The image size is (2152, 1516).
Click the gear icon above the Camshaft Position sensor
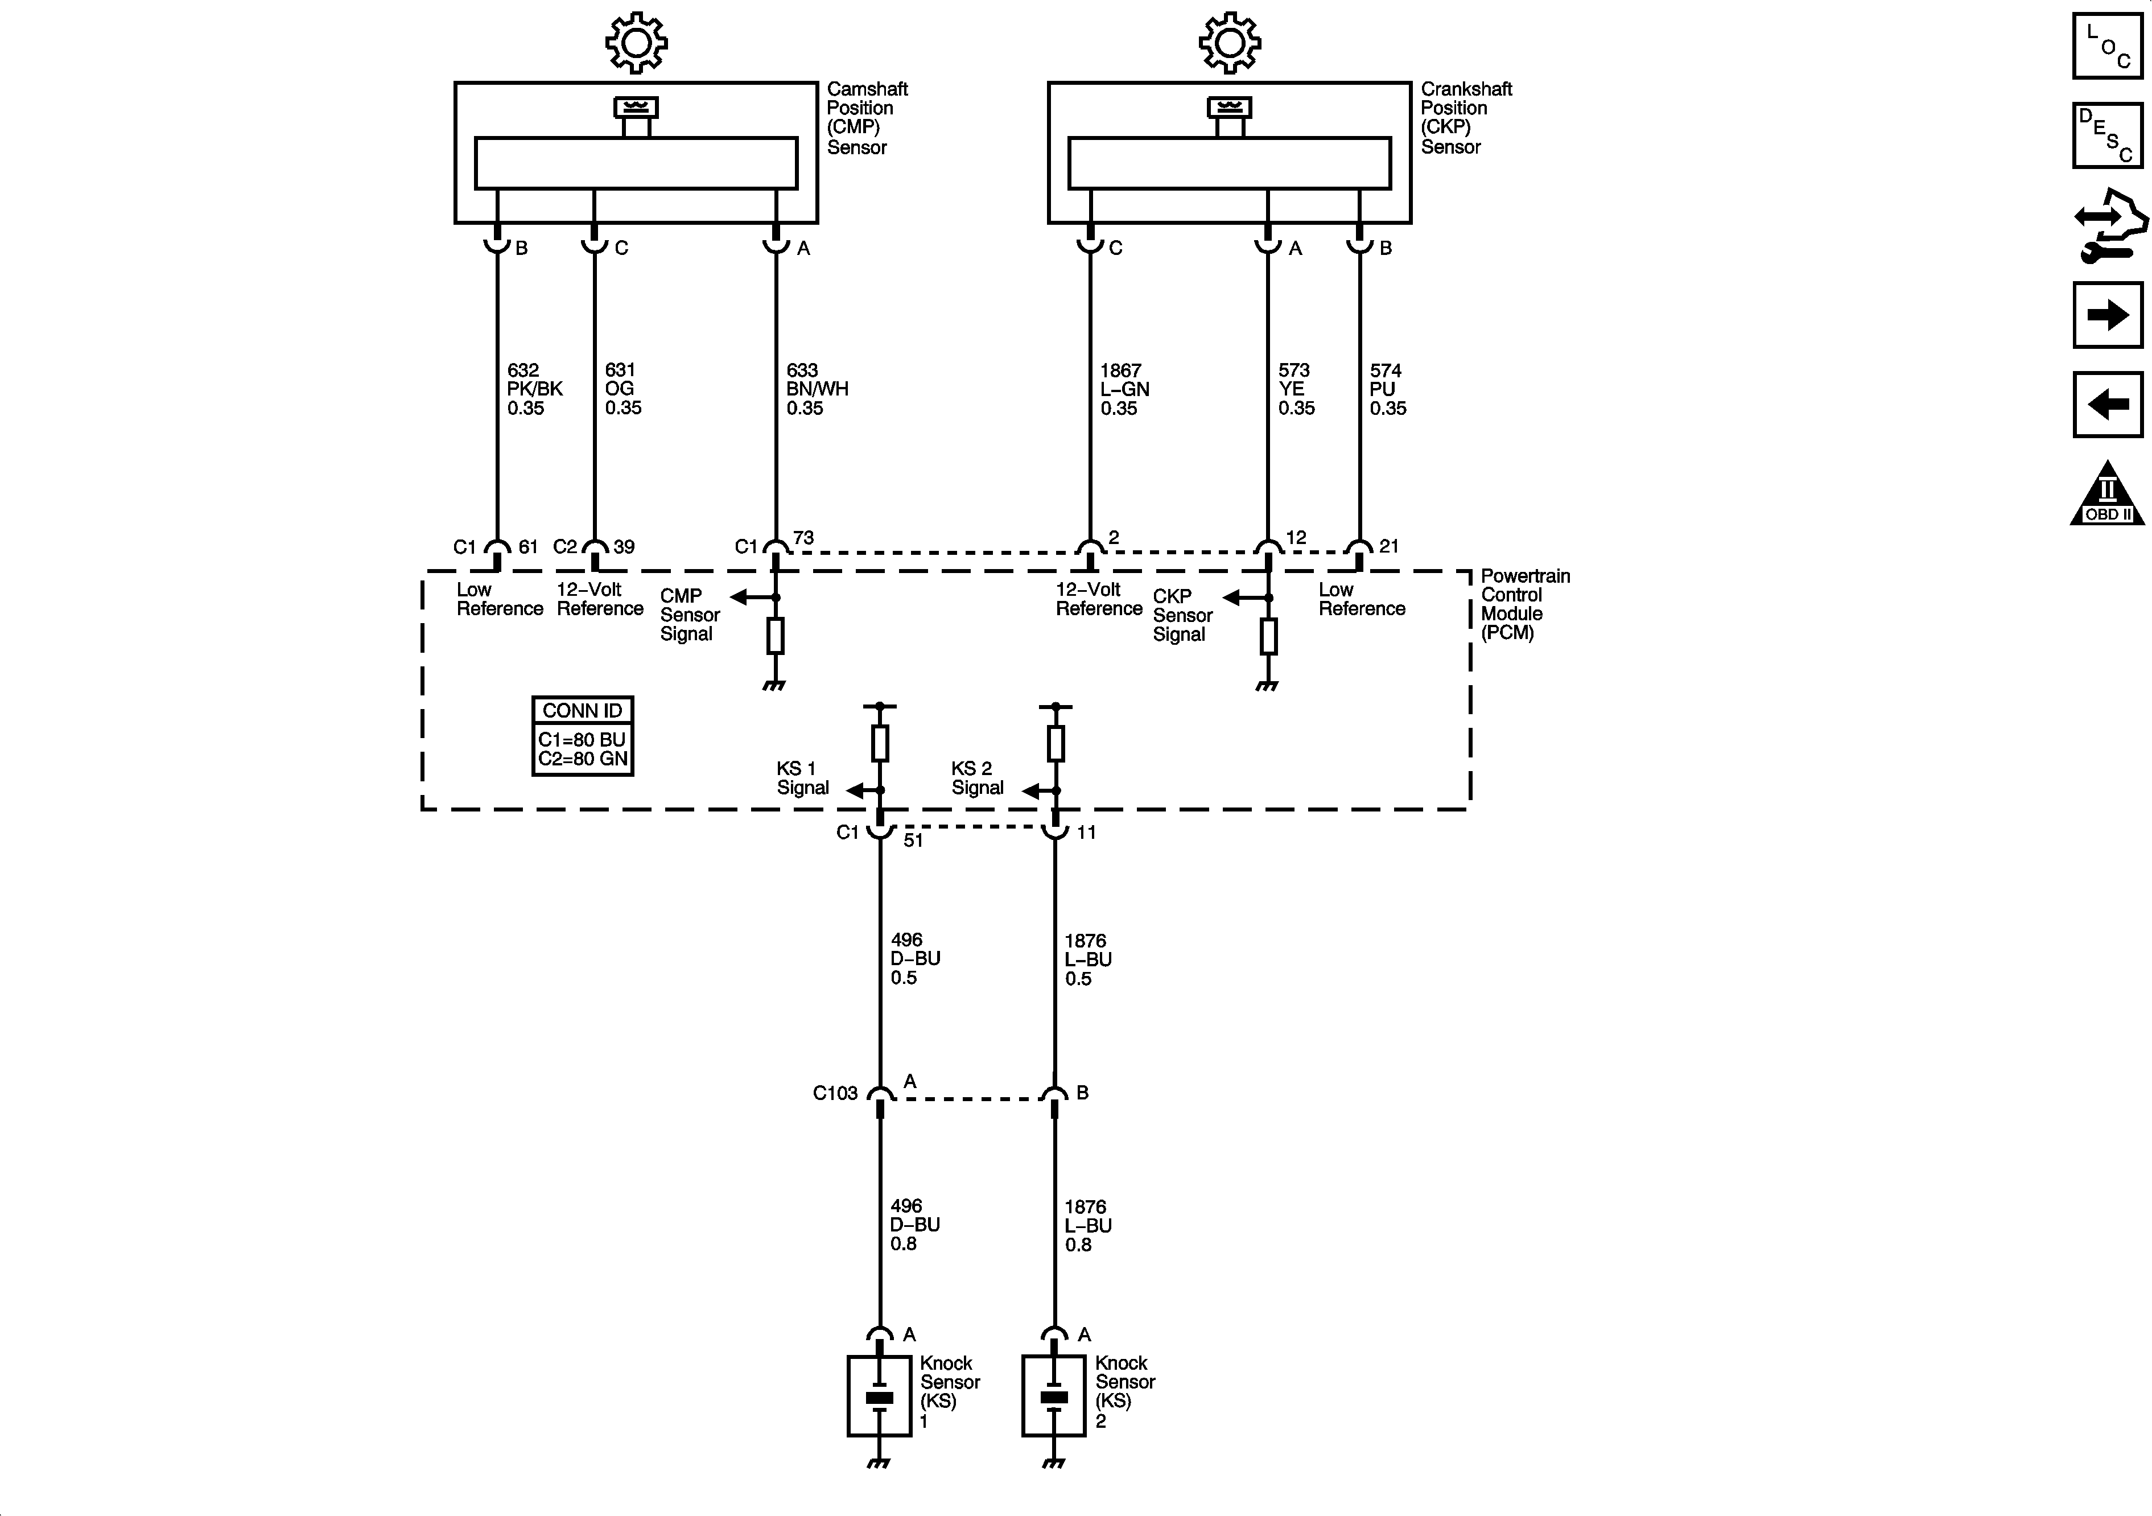coord(636,42)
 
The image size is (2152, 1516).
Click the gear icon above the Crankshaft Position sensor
coord(1230,42)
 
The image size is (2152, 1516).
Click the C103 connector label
coord(834,1093)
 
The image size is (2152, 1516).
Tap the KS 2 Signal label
coord(976,778)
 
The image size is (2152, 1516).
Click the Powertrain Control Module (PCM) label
coord(1524,604)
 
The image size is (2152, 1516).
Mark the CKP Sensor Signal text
coord(1182,615)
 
